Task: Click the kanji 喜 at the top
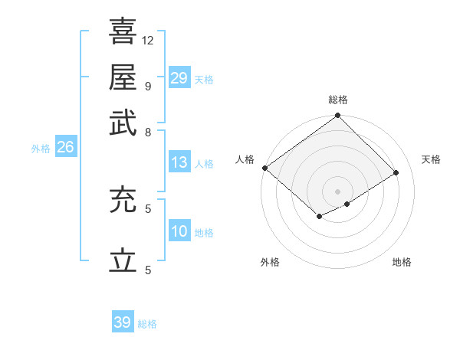pyautogui.click(x=123, y=31)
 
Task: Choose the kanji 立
pyautogui.click(x=123, y=261)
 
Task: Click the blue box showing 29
pyautogui.click(x=179, y=78)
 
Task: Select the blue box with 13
pyautogui.click(x=179, y=162)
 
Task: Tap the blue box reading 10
pyautogui.click(x=179, y=232)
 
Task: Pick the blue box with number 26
pyautogui.click(x=65, y=148)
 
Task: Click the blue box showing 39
pyautogui.click(x=123, y=322)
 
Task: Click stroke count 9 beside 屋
pyautogui.click(x=148, y=86)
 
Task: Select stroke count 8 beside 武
pyautogui.click(x=148, y=132)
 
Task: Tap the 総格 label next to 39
pyautogui.click(x=148, y=324)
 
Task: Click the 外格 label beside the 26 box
pyautogui.click(x=41, y=149)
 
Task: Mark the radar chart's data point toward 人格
pyautogui.click(x=264, y=168)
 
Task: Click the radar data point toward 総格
pyautogui.click(x=337, y=116)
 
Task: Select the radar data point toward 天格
pyautogui.click(x=396, y=173)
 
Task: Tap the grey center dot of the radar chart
pyautogui.click(x=337, y=191)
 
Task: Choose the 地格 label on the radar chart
pyautogui.click(x=402, y=262)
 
